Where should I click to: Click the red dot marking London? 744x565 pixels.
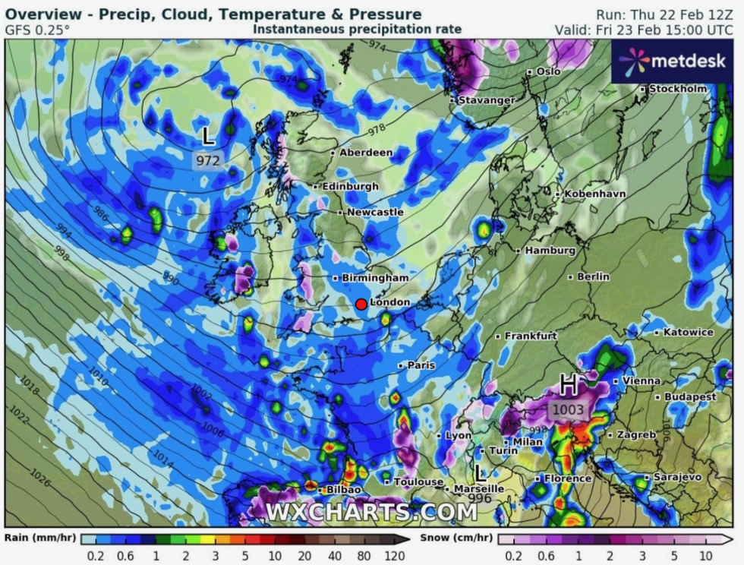pyautogui.click(x=361, y=304)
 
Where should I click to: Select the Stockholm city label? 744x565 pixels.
pyautogui.click(x=678, y=89)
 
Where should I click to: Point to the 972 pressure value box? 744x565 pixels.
pyautogui.click(x=207, y=160)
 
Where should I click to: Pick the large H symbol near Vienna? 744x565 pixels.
pyautogui.click(x=567, y=385)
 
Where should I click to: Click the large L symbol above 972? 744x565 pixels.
pyautogui.click(x=207, y=137)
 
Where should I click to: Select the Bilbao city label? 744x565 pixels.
pyautogui.click(x=343, y=490)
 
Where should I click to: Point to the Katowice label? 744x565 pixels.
pyautogui.click(x=688, y=333)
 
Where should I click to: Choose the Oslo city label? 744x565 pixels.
pyautogui.click(x=548, y=71)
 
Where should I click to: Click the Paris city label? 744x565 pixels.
pyautogui.click(x=421, y=365)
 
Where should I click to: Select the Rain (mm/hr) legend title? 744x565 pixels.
pyautogui.click(x=40, y=538)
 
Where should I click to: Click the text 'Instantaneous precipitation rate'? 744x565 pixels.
pyautogui.click(x=357, y=29)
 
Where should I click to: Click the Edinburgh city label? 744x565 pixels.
pyautogui.click(x=350, y=186)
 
